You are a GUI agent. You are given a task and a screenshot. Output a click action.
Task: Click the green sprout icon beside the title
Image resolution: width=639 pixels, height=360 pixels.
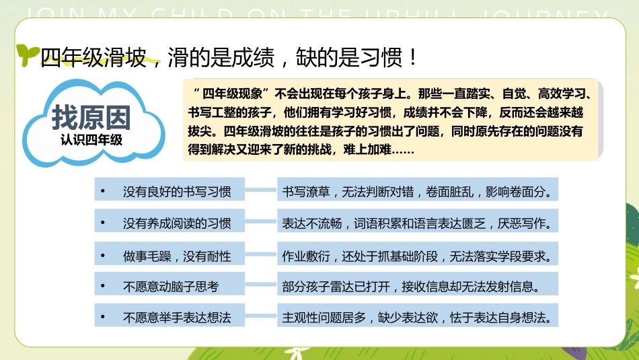pos(27,55)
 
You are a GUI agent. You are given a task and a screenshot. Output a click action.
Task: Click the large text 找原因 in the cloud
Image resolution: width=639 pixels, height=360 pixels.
pos(91,118)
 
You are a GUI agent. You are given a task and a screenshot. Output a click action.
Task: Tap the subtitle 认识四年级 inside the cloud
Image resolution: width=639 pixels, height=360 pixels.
pos(91,140)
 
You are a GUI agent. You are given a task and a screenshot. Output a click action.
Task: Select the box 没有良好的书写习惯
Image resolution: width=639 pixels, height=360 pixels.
pos(170,189)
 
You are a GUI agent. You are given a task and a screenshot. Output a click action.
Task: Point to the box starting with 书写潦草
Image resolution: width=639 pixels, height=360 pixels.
pos(418,189)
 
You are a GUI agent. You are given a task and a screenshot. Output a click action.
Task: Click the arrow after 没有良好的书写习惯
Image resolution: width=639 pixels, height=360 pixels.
pos(261,190)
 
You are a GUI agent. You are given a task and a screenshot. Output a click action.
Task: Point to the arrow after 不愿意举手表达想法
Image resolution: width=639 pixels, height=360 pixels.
pos(261,316)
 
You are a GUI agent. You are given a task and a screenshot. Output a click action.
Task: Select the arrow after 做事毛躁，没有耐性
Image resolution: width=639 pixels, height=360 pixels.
pos(261,254)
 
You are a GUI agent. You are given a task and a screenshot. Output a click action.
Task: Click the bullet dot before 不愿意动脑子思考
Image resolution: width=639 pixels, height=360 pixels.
pos(103,286)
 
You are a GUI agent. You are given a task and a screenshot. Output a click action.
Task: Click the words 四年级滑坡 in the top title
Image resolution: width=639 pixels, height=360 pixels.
pos(93,57)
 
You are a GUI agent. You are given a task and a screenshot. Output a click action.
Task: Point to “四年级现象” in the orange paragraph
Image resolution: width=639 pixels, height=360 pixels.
pos(232,94)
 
